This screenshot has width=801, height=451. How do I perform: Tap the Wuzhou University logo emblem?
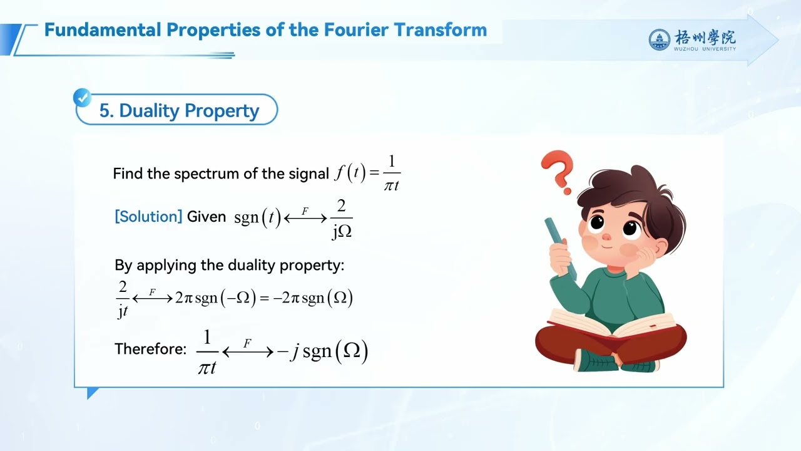click(659, 40)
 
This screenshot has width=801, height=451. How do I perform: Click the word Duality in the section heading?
click(148, 110)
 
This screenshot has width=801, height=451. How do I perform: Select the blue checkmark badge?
click(82, 98)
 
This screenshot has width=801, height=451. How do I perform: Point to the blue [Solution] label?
click(148, 217)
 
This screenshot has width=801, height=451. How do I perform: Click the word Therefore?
click(150, 349)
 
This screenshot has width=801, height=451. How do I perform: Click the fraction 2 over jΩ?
click(342, 219)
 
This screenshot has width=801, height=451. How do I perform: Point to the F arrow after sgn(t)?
click(305, 216)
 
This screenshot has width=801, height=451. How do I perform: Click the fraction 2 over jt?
click(123, 298)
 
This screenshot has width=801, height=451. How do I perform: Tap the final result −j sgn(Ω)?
click(322, 351)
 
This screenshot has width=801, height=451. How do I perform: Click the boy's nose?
click(606, 237)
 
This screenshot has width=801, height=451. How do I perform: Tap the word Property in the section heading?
click(222, 110)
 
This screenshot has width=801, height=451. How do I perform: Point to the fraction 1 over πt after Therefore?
click(207, 352)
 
